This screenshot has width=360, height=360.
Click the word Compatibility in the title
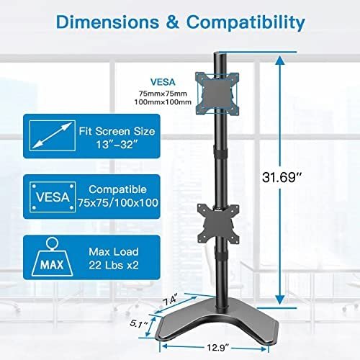(238, 22)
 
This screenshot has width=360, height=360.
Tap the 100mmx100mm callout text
(163, 102)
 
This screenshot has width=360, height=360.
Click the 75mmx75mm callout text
(163, 92)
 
